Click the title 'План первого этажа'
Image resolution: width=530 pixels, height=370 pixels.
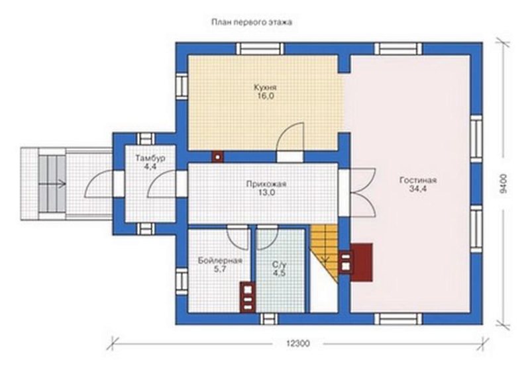252,23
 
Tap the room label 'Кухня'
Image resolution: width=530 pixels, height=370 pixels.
266,87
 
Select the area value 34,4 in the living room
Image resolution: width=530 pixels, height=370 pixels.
418,189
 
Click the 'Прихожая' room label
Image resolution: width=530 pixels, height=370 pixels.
266,184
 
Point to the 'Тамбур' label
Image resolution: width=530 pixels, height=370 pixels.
150,158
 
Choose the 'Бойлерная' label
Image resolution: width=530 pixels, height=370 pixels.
220,261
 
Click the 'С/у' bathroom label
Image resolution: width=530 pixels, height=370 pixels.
279,264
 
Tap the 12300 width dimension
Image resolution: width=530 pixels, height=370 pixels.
297,344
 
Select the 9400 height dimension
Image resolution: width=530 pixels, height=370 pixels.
503,183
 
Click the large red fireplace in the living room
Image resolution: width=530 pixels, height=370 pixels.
362,262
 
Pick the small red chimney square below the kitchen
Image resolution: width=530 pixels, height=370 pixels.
218,157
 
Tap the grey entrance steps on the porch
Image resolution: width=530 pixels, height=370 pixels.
52,184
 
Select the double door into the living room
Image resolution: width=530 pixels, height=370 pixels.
362,193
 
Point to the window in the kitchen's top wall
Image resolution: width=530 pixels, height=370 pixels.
260,48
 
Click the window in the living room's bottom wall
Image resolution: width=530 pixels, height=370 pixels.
399,318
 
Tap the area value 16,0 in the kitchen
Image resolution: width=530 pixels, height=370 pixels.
266,96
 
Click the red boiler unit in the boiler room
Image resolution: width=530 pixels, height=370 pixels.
248,297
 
